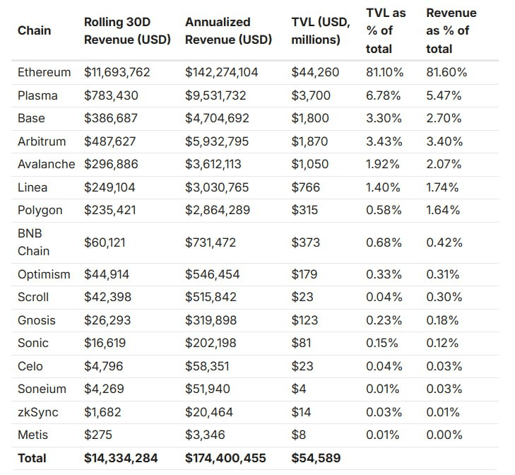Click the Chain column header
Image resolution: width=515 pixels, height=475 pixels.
[x=34, y=30]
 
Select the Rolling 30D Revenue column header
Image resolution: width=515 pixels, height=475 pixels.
[x=127, y=30]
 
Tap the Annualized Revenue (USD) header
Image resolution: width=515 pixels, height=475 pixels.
[x=228, y=30]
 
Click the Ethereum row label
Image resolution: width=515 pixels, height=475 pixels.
[x=44, y=72]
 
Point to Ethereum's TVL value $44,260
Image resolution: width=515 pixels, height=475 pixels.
[x=315, y=72]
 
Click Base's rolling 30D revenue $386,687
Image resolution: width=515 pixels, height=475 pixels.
[x=111, y=118]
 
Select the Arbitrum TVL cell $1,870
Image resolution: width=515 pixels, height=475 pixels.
[x=312, y=141]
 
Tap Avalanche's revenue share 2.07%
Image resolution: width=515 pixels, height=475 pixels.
[x=443, y=164]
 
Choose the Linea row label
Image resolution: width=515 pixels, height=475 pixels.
[x=32, y=187]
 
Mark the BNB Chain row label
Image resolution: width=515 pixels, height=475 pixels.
[x=33, y=242]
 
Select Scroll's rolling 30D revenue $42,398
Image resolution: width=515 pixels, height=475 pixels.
[x=107, y=297]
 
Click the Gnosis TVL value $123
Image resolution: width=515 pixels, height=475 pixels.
[x=306, y=320]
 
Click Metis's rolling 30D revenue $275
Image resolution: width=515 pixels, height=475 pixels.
[x=97, y=435]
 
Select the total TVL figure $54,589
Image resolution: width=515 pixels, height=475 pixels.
[x=315, y=458]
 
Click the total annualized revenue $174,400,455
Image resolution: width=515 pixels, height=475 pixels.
[x=225, y=458]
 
